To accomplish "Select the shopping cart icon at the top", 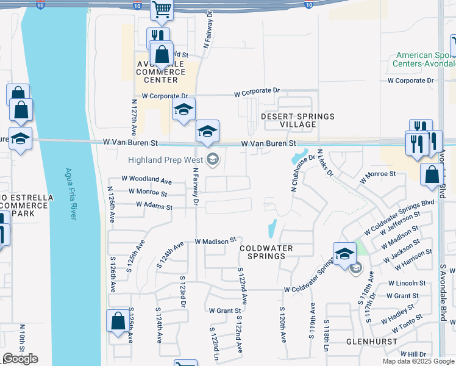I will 162,9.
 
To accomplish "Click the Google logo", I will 20,359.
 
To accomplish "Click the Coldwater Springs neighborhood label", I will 266,252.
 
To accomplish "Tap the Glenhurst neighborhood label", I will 368,341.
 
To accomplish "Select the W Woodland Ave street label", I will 146,180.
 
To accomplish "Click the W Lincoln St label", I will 407,283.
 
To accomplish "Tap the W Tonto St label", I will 405,325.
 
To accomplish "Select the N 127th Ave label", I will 134,115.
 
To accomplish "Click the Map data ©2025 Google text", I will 418,361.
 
